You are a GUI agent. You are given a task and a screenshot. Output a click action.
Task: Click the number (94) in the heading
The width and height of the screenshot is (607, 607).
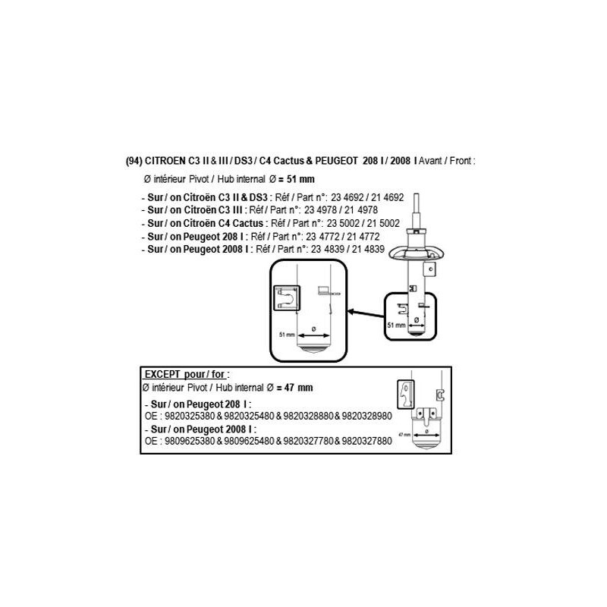(134, 161)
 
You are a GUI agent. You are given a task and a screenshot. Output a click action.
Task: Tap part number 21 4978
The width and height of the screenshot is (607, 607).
(361, 210)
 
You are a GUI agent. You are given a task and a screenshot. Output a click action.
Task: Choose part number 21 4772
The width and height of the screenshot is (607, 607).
(363, 237)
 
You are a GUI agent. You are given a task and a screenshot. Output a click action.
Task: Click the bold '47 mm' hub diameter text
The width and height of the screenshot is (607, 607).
(298, 388)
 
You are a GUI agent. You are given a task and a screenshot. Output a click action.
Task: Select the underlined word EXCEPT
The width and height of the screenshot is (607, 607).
(162, 374)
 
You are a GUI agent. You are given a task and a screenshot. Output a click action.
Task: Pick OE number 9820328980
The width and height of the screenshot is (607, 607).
(367, 416)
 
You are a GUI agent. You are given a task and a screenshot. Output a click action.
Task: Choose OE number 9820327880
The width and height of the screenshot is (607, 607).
(367, 441)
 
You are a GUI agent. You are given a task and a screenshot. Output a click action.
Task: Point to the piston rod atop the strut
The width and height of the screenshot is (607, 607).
(416, 212)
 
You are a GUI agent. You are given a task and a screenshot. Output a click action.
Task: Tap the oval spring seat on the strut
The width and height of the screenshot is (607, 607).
(416, 253)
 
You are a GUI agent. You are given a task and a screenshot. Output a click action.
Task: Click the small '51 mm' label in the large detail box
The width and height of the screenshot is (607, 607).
(287, 335)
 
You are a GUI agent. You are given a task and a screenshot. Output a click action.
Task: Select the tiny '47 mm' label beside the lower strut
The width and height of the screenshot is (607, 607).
(404, 435)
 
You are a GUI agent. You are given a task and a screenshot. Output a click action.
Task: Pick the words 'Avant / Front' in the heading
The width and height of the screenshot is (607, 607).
(445, 161)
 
